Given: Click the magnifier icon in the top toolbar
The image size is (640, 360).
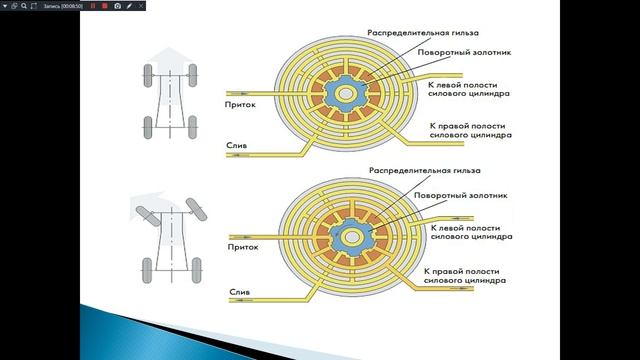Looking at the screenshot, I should (x=23, y=6).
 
